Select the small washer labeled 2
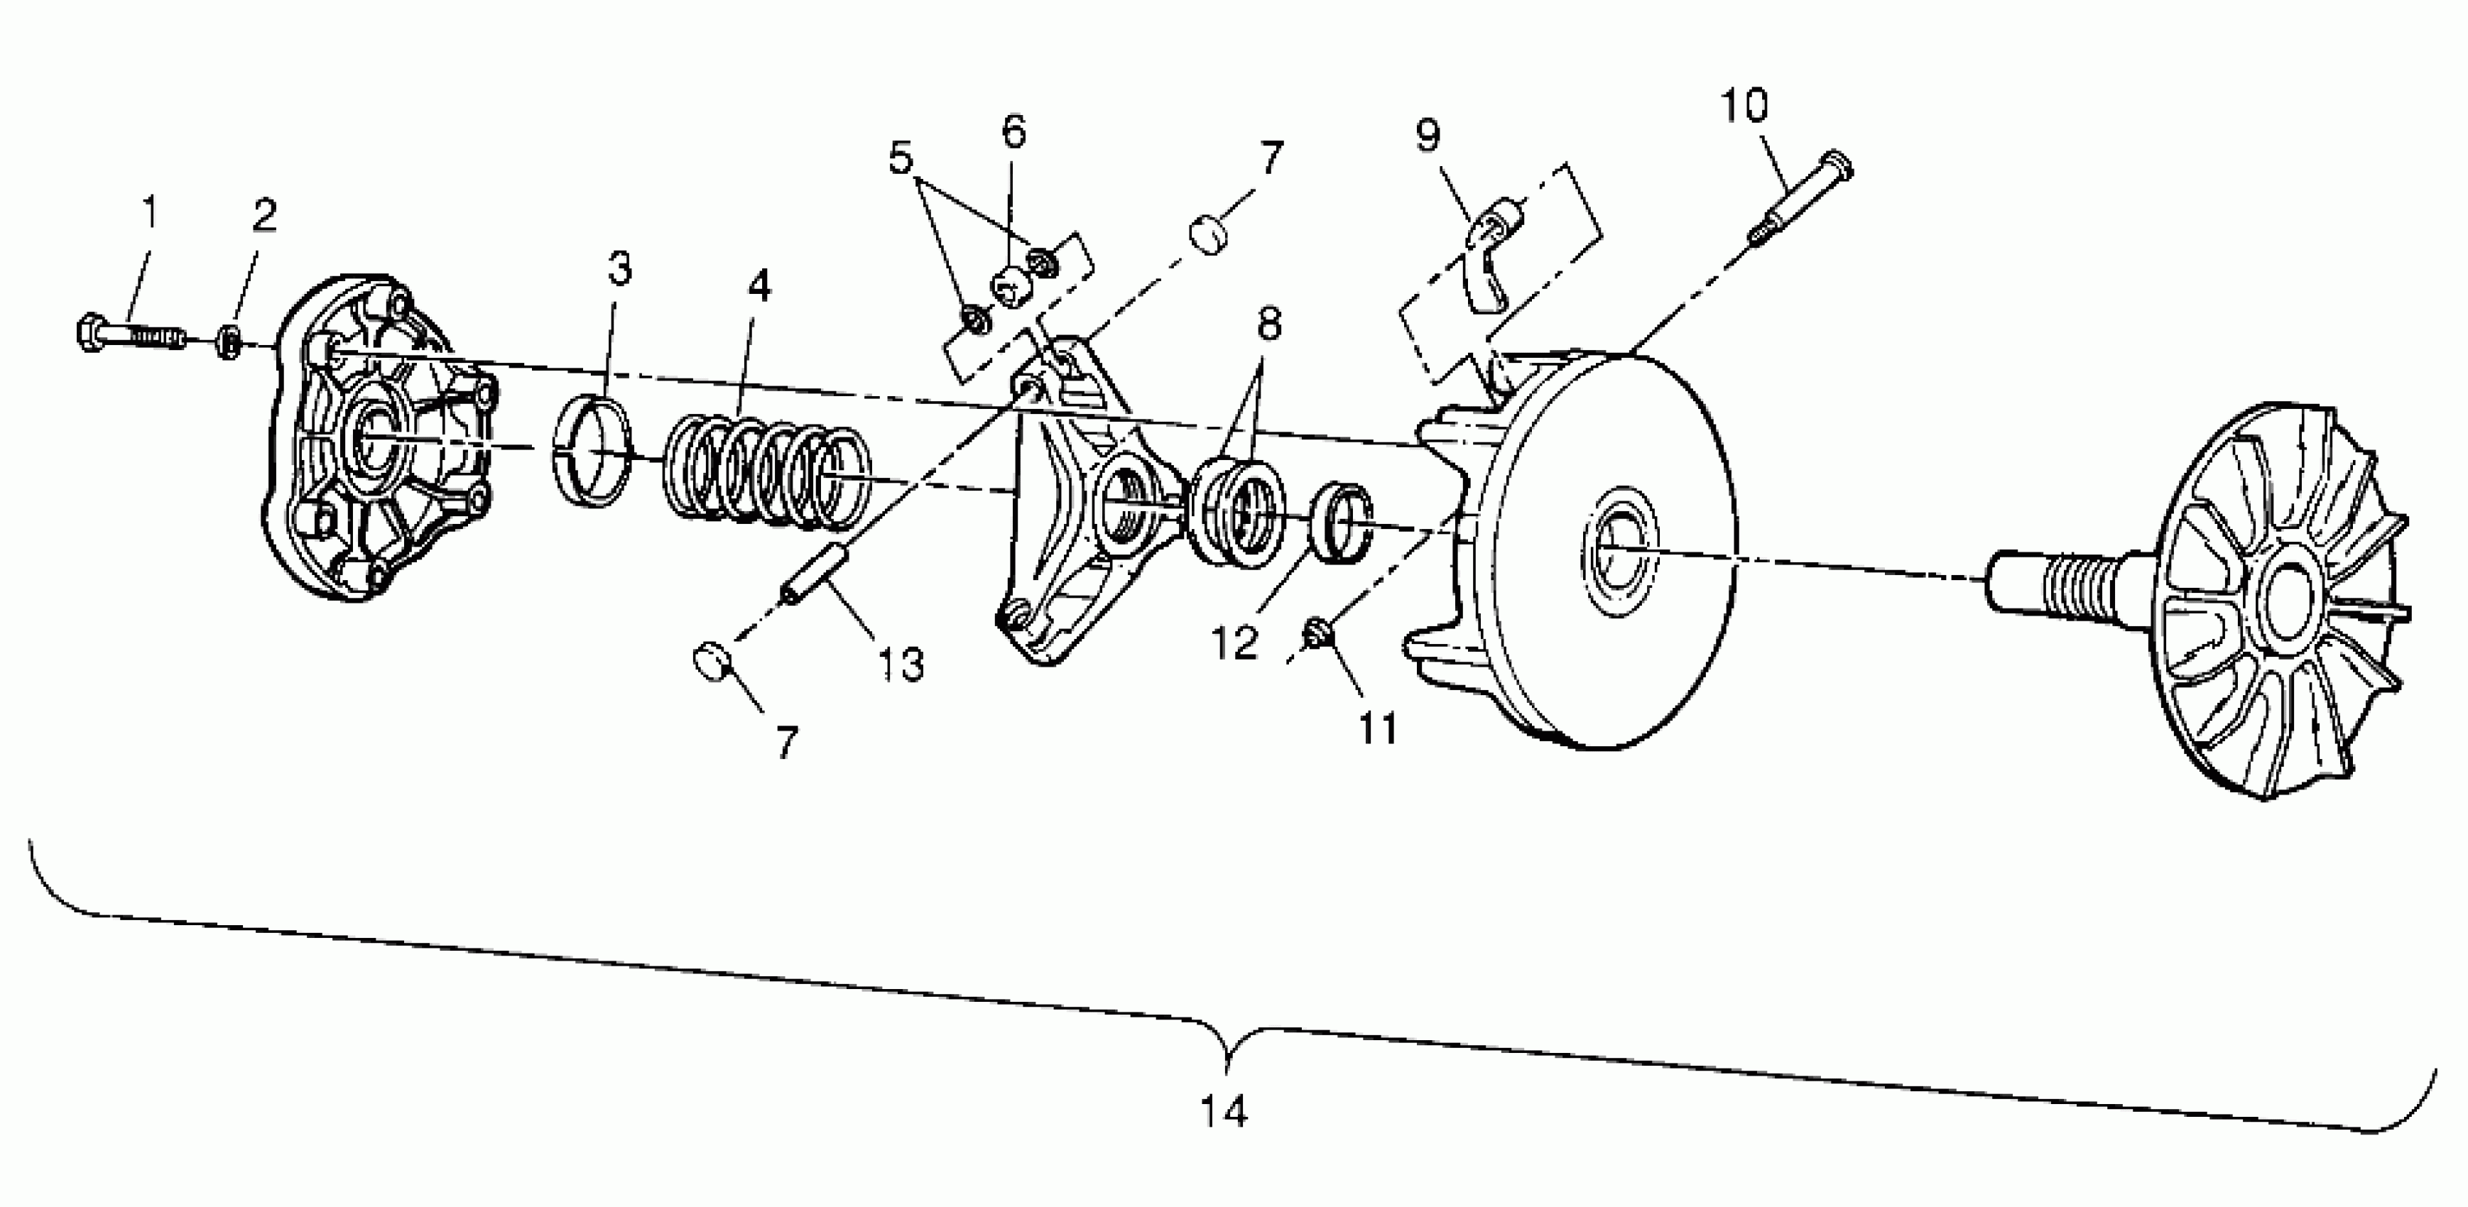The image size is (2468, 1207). click(x=229, y=341)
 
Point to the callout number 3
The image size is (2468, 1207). click(x=620, y=269)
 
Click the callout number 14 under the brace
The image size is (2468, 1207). click(x=1224, y=1112)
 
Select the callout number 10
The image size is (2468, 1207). click(x=1745, y=106)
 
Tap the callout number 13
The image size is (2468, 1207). click(x=901, y=664)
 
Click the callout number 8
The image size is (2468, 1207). click(x=1269, y=324)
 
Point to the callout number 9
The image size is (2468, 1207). click(x=1428, y=136)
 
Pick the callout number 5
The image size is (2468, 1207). click(x=901, y=158)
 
